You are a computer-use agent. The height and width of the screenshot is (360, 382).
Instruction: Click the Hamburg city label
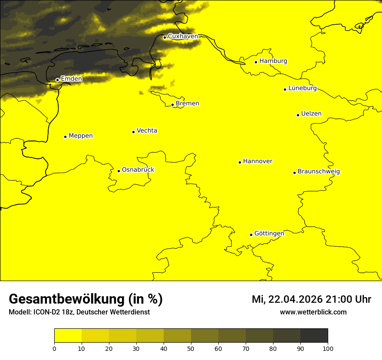click(x=273, y=61)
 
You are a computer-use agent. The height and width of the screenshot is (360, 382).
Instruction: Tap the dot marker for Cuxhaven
click(x=165, y=37)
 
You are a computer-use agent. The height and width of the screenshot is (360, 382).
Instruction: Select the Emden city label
click(x=71, y=79)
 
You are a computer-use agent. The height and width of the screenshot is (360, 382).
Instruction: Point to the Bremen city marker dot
click(x=172, y=105)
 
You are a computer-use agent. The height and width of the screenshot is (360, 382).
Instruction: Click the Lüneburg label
click(x=302, y=88)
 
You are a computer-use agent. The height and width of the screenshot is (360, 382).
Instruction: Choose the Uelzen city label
click(x=311, y=114)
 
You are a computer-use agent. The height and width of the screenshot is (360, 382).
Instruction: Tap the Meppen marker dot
click(x=65, y=137)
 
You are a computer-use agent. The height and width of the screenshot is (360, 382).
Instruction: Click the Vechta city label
click(x=147, y=131)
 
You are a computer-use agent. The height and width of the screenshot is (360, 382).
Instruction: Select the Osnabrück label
click(x=138, y=170)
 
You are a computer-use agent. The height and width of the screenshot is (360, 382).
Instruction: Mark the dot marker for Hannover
click(x=240, y=163)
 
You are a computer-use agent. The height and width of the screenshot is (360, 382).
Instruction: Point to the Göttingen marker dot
click(x=251, y=235)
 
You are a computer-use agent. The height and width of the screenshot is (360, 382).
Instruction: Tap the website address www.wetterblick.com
click(x=313, y=312)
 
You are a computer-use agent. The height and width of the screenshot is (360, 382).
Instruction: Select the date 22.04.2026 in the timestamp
click(x=295, y=300)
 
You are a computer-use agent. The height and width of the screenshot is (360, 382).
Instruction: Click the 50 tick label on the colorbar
click(x=191, y=348)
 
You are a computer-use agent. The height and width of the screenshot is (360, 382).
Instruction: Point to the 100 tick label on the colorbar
click(x=328, y=348)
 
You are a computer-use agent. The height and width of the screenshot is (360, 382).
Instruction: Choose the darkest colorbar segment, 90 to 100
click(x=314, y=336)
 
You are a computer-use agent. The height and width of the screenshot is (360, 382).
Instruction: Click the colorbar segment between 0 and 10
click(x=68, y=336)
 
